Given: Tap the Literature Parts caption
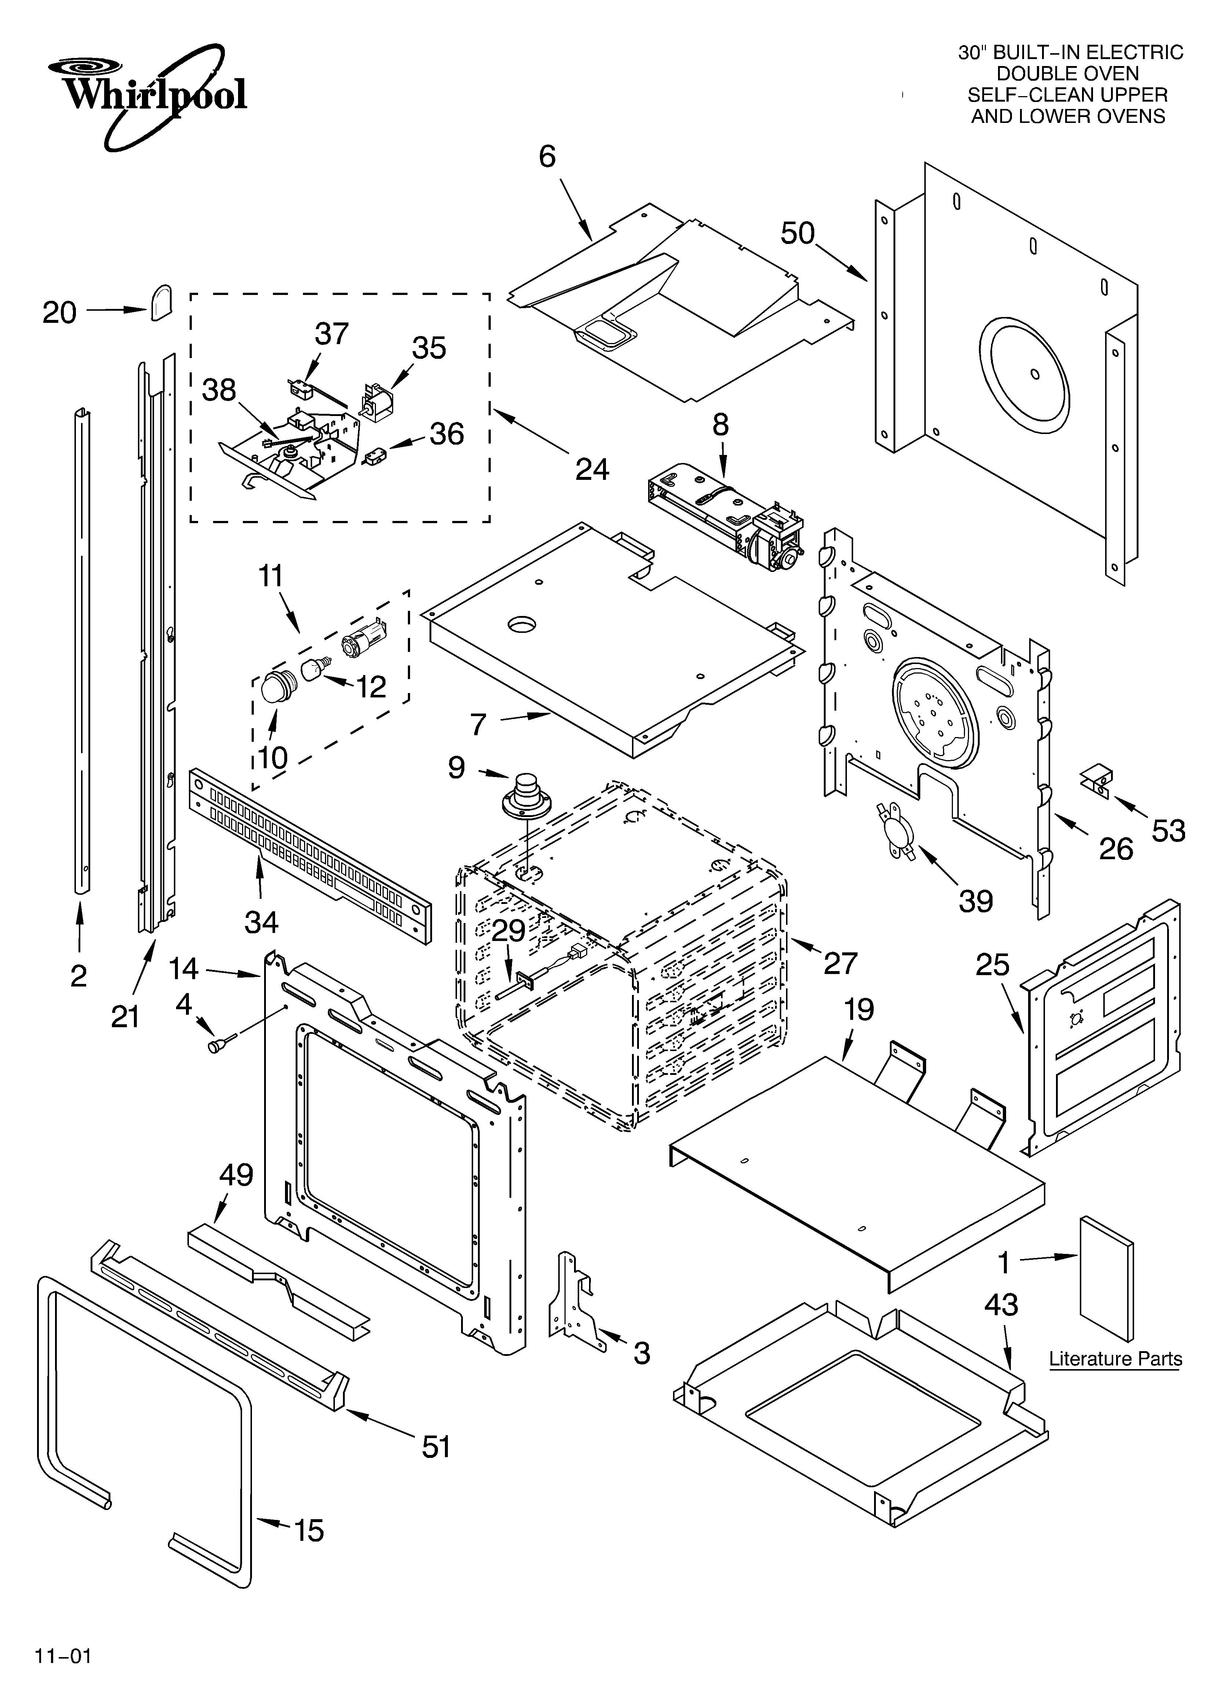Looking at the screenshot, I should pyautogui.click(x=1115, y=1359).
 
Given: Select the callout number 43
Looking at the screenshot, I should pyautogui.click(x=1001, y=1305).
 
